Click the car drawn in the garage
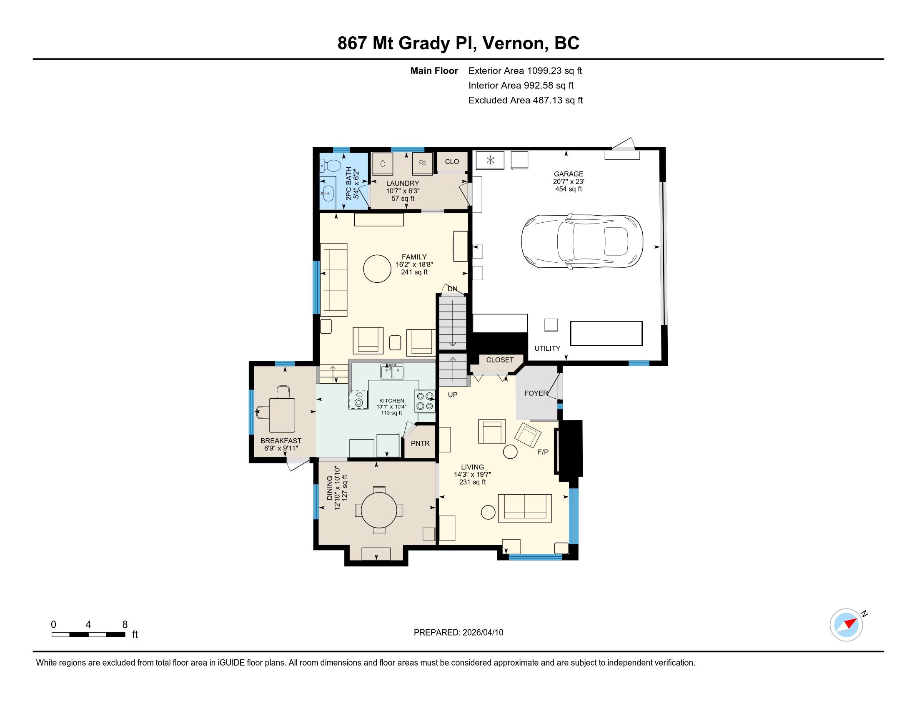point(582,241)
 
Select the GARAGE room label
point(569,174)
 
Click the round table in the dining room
point(379,510)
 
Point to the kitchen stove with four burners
point(425,401)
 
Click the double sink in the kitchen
point(392,371)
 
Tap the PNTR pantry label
point(420,443)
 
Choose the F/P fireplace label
point(543,452)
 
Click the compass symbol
point(847,625)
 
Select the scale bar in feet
point(88,634)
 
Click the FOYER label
point(536,393)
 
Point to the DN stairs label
point(452,289)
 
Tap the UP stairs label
point(453,395)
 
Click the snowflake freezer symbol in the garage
point(490,160)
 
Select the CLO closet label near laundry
point(452,162)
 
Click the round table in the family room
point(377,269)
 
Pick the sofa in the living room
point(525,508)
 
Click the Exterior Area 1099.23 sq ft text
point(525,70)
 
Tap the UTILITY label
point(547,348)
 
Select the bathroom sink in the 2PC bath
point(328,194)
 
